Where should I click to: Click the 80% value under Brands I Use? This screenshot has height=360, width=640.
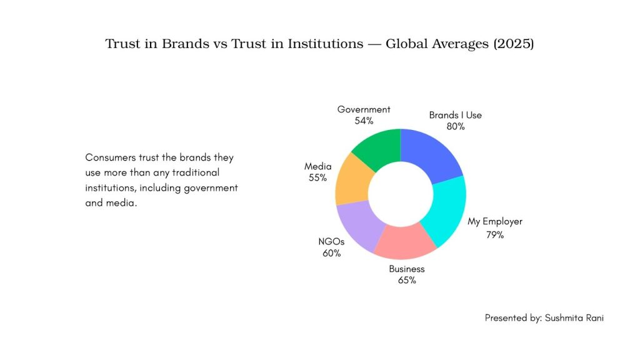pos(455,126)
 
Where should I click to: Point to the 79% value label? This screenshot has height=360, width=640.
pos(494,235)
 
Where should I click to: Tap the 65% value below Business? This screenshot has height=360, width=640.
pos(407,280)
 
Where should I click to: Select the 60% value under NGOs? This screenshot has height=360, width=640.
pos(331,253)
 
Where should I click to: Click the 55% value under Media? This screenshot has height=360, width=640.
pos(317,177)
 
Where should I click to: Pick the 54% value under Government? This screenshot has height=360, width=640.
pos(364,121)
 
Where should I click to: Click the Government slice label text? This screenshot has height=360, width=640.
pos(364,109)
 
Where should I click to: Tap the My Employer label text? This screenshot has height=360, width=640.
pos(495,221)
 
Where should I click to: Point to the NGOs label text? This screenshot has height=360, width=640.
pos(331,242)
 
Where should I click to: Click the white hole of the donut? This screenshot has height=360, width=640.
pos(400,194)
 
